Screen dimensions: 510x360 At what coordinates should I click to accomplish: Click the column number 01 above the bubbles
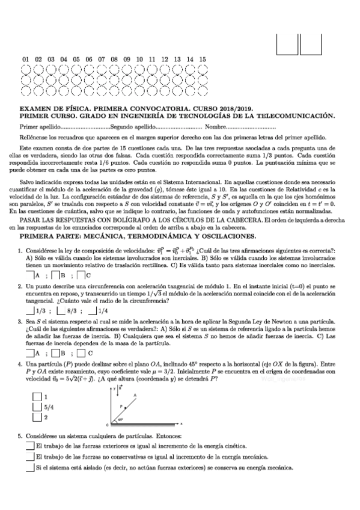coord(25,59)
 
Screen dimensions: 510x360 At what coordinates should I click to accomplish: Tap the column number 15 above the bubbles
coord(203,59)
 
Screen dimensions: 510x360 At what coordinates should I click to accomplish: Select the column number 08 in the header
coord(114,59)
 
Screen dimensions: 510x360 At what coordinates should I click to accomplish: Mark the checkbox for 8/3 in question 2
coord(61,310)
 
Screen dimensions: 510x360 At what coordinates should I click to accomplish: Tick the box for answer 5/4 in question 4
coord(37,407)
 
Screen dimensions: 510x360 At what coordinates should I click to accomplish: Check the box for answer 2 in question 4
coord(37,417)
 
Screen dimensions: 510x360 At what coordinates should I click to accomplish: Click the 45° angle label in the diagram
coord(120,420)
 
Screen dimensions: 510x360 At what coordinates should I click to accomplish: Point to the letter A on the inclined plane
coord(135,395)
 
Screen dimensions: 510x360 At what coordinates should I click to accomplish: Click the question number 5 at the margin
coord(20,435)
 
